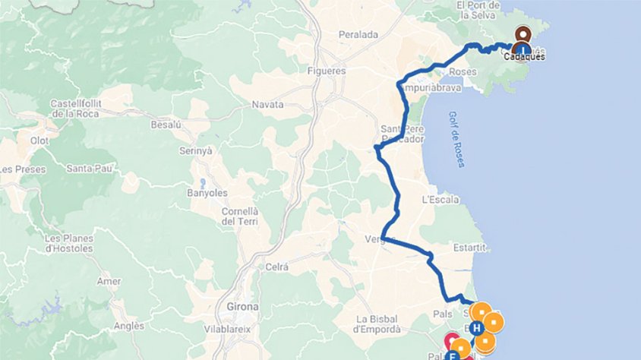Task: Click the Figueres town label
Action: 328,71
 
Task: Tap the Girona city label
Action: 242,307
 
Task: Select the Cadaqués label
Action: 525,56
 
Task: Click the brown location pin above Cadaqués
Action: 523,35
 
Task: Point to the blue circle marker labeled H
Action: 476,328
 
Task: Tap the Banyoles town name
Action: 202,193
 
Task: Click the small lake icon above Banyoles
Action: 203,182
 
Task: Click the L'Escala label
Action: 440,200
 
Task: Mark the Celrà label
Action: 277,266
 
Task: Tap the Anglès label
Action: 128,326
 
